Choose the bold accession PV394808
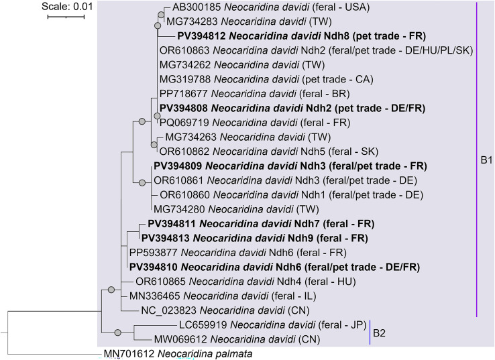tap(180, 108)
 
